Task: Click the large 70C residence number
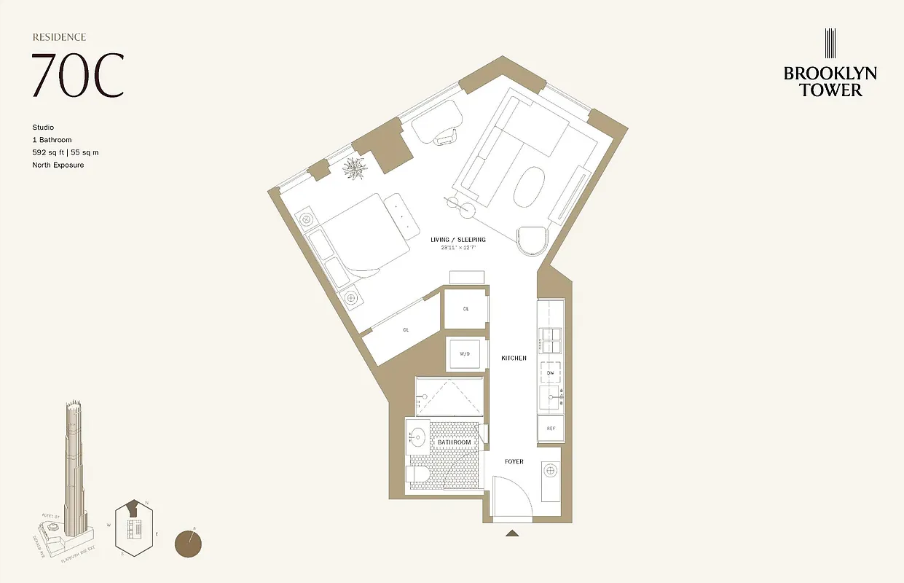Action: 77,75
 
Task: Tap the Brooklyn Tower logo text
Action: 830,81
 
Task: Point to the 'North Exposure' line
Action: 58,165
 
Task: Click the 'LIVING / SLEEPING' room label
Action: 457,240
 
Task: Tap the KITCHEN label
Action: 514,359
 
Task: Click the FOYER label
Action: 514,462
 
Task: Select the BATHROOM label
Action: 454,442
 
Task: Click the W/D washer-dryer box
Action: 465,354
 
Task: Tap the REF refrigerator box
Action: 551,429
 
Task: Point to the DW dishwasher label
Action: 551,373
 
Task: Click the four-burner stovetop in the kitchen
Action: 551,341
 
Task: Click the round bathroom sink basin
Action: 418,437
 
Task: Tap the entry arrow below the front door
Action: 513,534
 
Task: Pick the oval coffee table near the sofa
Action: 530,189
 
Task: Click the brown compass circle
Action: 189,543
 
